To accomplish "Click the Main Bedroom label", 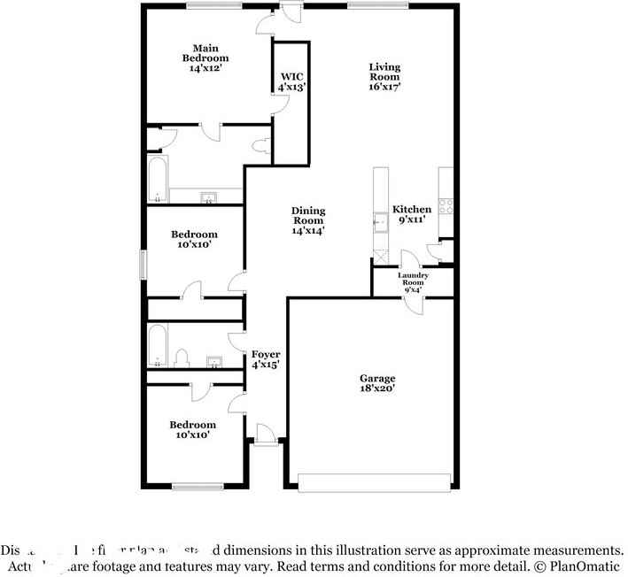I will pyautogui.click(x=205, y=58).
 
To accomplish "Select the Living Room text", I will pyautogui.click(x=384, y=77).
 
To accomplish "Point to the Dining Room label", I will pyautogui.click(x=308, y=220).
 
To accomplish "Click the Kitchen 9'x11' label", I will pyautogui.click(x=412, y=214).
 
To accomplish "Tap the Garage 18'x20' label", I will pyautogui.click(x=377, y=383).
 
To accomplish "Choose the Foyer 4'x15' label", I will pyautogui.click(x=266, y=359).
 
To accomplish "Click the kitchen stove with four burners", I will pyautogui.click(x=447, y=206).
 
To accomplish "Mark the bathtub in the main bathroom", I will pyautogui.click(x=158, y=181).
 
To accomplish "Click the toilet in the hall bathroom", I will pyautogui.click(x=182, y=358).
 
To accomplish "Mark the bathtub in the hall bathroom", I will pyautogui.click(x=158, y=346).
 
